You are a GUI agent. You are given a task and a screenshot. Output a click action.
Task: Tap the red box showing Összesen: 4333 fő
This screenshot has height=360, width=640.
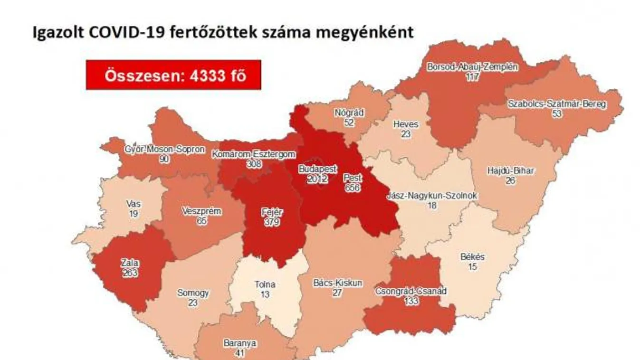[x=173, y=75]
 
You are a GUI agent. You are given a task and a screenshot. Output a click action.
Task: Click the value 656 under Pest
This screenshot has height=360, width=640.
[x=353, y=188]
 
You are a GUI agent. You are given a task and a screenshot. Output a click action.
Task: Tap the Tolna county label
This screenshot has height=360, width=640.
[x=265, y=285]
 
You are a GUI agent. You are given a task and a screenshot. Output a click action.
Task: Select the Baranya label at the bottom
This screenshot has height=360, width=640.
[x=240, y=343]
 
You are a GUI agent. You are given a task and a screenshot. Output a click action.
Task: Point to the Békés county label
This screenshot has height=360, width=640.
[x=472, y=257]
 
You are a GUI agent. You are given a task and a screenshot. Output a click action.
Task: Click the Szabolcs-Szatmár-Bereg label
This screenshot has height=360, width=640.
[x=557, y=104]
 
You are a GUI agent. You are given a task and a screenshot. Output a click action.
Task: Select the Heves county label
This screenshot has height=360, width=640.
[x=406, y=124]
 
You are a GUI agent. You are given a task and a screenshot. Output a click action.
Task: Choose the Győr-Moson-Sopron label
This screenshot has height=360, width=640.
[x=165, y=149]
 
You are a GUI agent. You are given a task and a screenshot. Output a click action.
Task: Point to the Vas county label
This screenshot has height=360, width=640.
[x=134, y=204]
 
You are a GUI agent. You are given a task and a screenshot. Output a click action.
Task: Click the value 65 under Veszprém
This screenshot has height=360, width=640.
[x=201, y=221]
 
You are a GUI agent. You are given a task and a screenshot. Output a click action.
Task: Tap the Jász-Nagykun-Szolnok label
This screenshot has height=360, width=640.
[x=432, y=196]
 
